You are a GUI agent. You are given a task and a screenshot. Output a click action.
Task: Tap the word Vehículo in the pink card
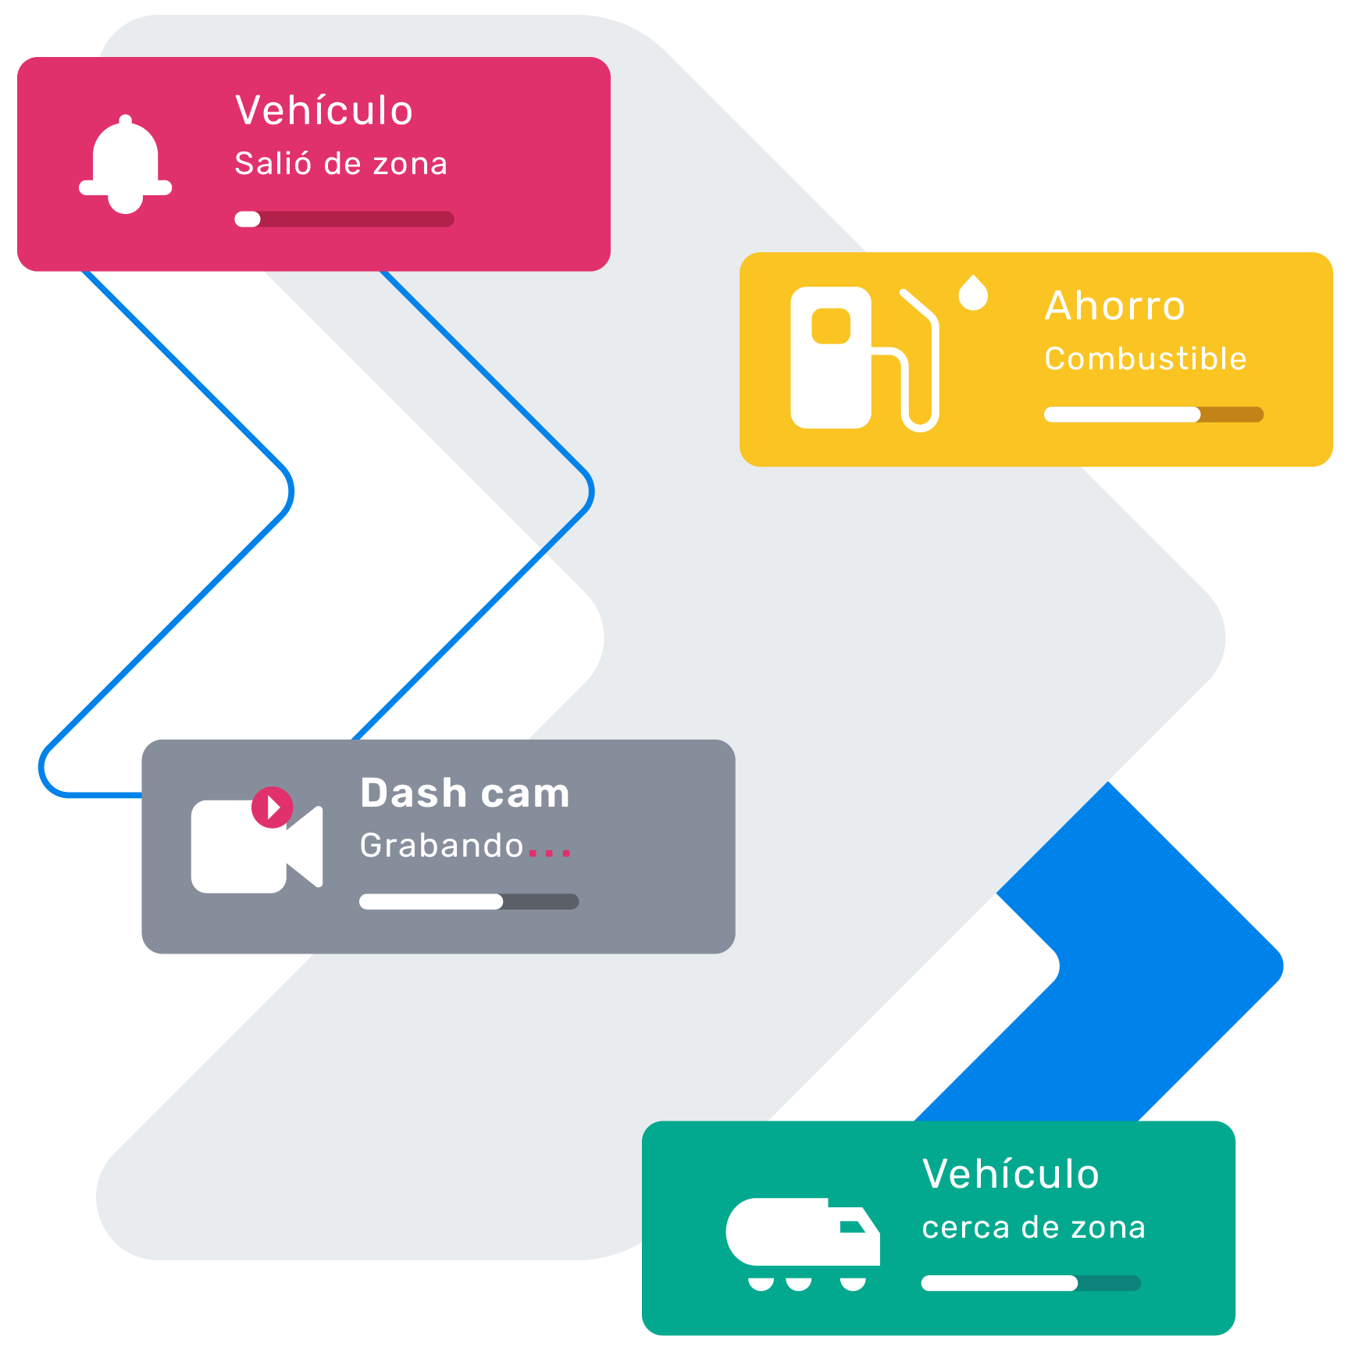(324, 110)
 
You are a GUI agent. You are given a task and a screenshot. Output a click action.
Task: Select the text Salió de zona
(341, 164)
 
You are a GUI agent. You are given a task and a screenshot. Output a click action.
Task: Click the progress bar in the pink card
(344, 219)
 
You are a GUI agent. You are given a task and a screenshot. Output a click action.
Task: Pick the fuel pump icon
(863, 358)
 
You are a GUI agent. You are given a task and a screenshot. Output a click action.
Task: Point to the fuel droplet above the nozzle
(973, 294)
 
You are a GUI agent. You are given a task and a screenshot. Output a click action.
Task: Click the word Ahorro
(1115, 305)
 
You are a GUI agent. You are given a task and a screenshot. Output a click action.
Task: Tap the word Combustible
(1146, 359)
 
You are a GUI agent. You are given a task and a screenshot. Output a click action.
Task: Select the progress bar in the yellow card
(1153, 415)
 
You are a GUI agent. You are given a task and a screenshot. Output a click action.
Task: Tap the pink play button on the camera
(273, 807)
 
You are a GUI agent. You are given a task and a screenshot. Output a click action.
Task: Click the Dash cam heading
(465, 793)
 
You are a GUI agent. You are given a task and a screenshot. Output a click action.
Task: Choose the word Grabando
(441, 846)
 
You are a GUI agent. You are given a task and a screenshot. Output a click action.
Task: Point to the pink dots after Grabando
(550, 853)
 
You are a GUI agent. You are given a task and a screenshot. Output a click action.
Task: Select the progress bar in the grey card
(469, 902)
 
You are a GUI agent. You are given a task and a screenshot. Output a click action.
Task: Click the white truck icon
(802, 1242)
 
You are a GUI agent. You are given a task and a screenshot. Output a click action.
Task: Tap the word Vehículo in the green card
(1011, 1174)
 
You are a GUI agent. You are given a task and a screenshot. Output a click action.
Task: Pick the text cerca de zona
(1033, 1228)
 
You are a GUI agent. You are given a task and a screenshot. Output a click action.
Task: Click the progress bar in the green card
(1031, 1283)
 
